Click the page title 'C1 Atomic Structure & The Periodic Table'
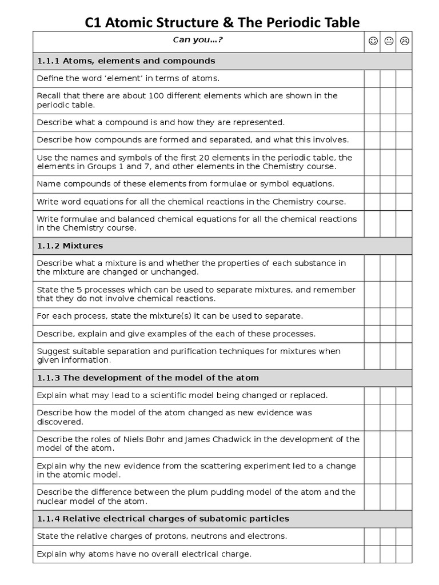point(222,22)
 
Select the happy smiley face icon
point(373,41)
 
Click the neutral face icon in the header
point(389,41)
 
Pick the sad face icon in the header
point(404,41)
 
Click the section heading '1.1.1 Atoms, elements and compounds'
point(126,61)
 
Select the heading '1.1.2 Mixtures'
point(70,246)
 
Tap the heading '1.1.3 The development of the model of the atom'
point(147,378)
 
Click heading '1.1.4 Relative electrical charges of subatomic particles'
point(163,519)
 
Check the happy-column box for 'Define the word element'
point(372,78)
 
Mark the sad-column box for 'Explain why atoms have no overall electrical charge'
point(404,554)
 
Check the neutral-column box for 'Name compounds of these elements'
point(388,184)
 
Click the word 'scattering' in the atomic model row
point(217,466)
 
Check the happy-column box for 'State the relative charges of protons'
point(372,536)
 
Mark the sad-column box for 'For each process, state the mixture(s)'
point(404,316)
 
